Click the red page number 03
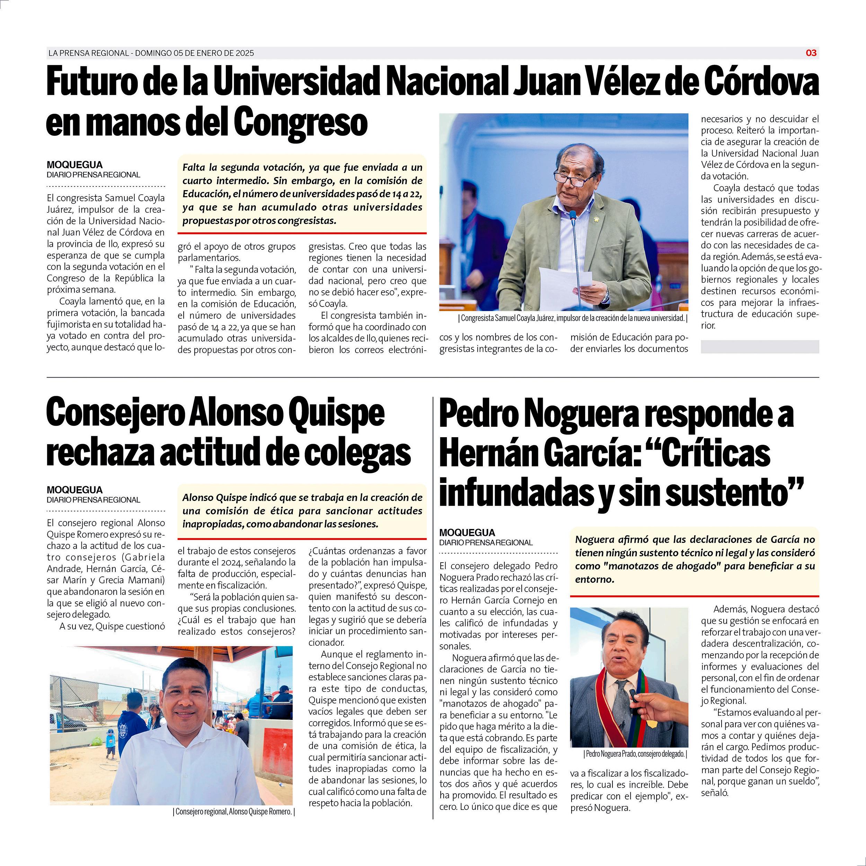pos(811,53)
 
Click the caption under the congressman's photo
pos(572,318)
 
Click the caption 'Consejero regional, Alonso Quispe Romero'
pos(233,811)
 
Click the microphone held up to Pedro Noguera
pos(633,695)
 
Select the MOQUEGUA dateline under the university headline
pos(74,165)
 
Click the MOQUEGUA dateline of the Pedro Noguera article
pos(467,532)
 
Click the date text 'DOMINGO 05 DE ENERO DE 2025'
pos(195,53)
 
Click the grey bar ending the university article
pos(760,346)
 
